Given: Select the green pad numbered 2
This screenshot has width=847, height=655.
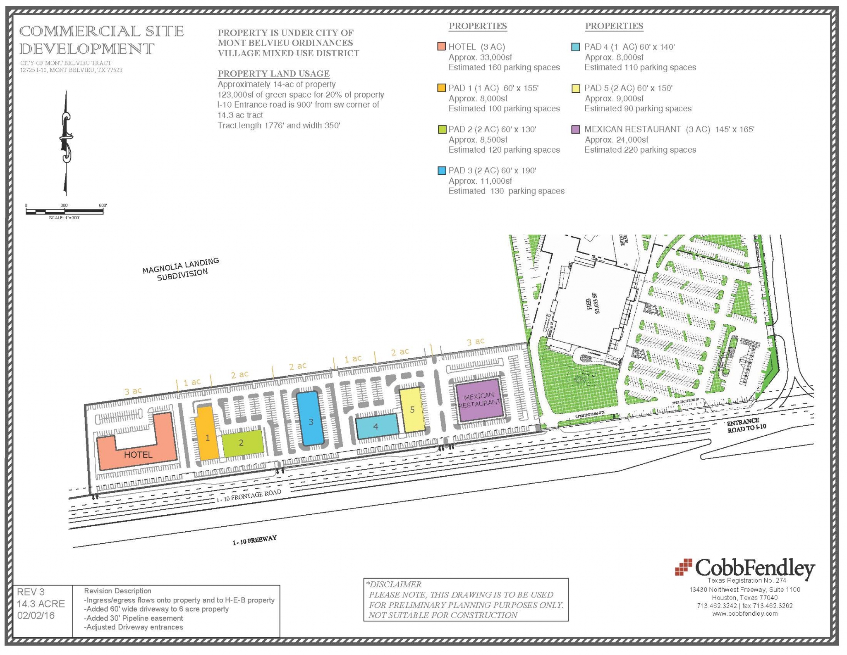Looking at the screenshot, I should point(242,443).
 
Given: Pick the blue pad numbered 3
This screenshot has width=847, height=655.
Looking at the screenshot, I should point(311,419).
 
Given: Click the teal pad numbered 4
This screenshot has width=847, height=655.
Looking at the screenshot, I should point(376,427).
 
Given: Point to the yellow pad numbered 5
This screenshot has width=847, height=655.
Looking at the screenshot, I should point(412,410).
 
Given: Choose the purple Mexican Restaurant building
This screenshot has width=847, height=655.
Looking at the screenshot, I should point(480,400).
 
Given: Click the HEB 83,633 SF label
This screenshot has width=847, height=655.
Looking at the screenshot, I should point(592,303).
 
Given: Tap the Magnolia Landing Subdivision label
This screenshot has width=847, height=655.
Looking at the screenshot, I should point(181,269).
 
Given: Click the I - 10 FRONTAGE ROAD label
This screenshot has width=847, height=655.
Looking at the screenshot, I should point(249,495).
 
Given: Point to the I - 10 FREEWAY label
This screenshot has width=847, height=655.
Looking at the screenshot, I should point(254,540).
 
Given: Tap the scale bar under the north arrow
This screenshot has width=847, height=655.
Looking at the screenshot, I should point(64,211).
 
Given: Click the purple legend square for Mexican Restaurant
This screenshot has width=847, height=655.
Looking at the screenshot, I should point(575,129).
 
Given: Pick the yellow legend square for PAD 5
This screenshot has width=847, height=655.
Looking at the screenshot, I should point(575,88).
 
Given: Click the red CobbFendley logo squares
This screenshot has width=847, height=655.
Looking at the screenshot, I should point(683,567).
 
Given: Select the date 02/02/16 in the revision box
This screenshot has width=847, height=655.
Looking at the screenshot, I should point(36,616).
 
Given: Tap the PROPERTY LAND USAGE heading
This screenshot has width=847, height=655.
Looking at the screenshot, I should point(273,74).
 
